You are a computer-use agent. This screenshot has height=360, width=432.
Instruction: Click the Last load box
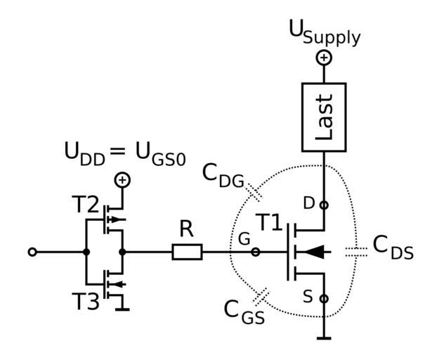324,117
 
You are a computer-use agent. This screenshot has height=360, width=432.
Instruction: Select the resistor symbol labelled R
187,252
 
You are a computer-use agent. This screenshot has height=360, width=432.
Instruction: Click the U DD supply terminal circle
123,180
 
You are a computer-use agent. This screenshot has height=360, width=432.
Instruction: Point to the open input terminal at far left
32,252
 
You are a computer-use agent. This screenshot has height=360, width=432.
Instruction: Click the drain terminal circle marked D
324,205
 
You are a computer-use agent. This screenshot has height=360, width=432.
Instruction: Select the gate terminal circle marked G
256,252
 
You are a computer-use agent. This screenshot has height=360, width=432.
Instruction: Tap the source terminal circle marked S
324,299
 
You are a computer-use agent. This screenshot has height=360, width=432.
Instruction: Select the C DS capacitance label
392,247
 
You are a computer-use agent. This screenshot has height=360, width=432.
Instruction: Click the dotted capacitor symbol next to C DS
357,252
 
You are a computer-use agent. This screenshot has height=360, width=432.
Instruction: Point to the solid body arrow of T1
315,252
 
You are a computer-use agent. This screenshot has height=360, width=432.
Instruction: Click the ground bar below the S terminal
324,339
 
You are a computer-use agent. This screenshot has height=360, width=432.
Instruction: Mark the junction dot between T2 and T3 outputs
123,252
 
